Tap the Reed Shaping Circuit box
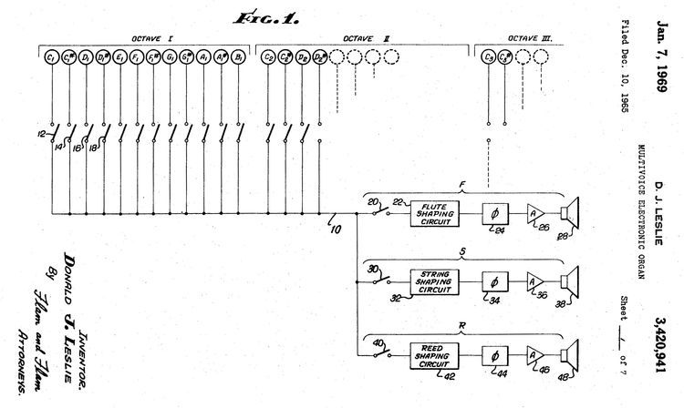coord(435,349)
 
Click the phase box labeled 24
coord(496,214)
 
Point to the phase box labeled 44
coord(496,350)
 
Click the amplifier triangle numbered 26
coord(534,214)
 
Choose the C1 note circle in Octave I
coord(51,58)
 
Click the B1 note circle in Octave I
coord(239,58)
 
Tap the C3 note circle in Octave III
coord(489,58)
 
